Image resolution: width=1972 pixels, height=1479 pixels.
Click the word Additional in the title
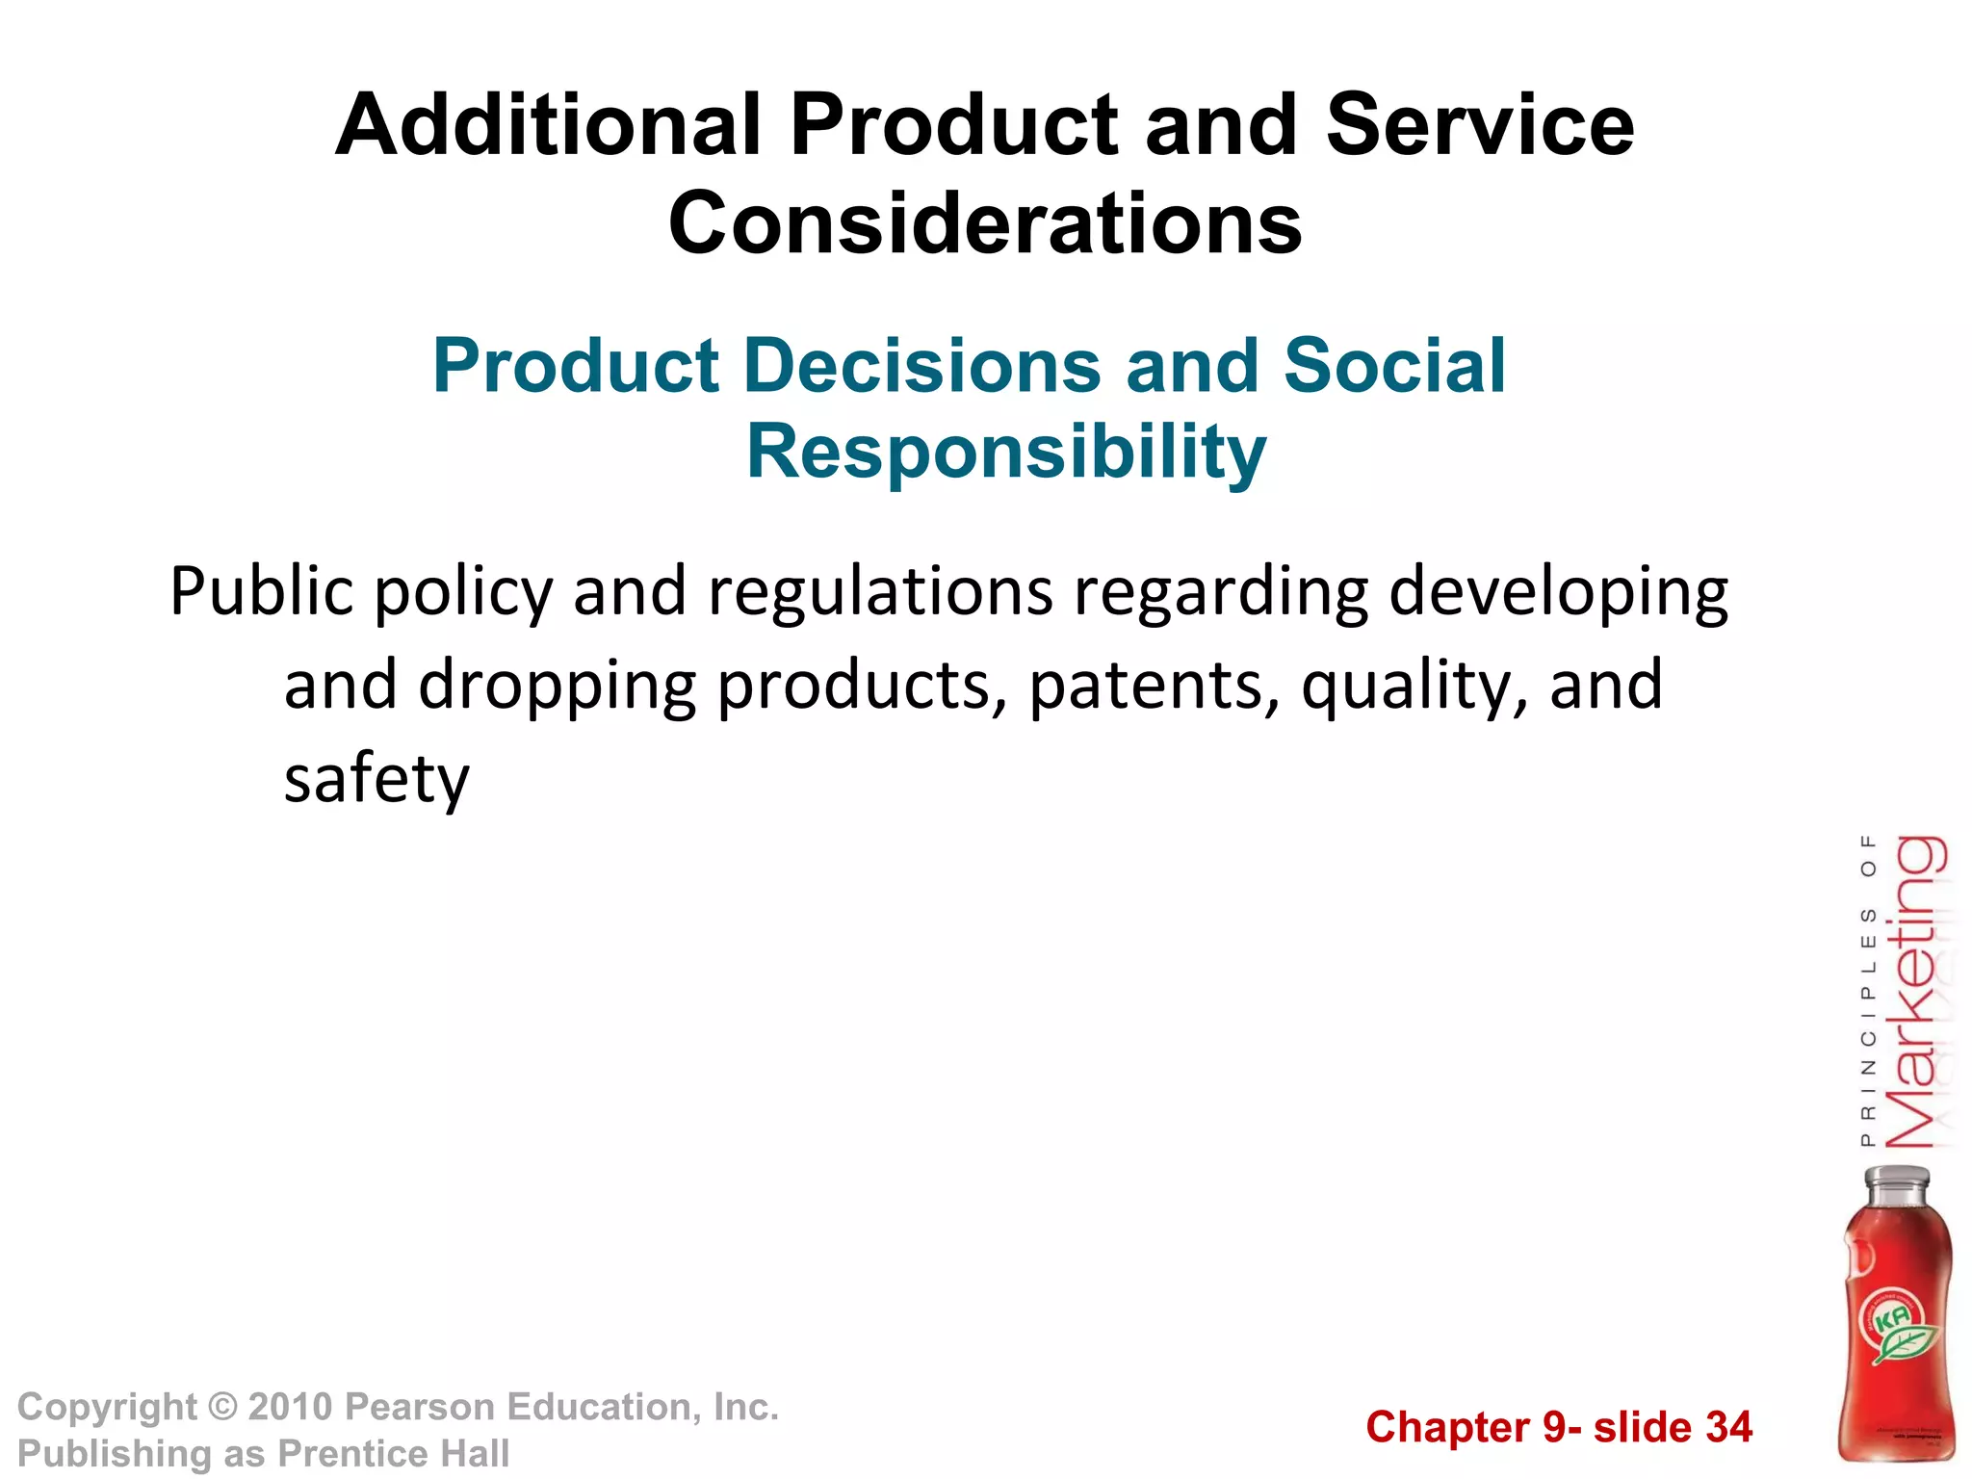pos(549,125)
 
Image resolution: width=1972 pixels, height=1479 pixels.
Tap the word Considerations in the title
pos(985,224)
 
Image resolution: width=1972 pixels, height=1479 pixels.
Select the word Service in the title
pos(1480,125)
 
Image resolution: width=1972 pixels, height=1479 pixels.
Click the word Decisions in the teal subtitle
pos(921,367)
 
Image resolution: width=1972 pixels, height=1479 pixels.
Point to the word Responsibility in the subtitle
pos(1006,452)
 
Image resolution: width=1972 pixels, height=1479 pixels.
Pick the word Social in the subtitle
pos(1394,367)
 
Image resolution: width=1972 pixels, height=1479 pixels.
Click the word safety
pos(376,778)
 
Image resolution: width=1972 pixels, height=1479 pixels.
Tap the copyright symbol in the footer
pos(222,1408)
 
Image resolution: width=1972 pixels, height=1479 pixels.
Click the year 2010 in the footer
pos(290,1408)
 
